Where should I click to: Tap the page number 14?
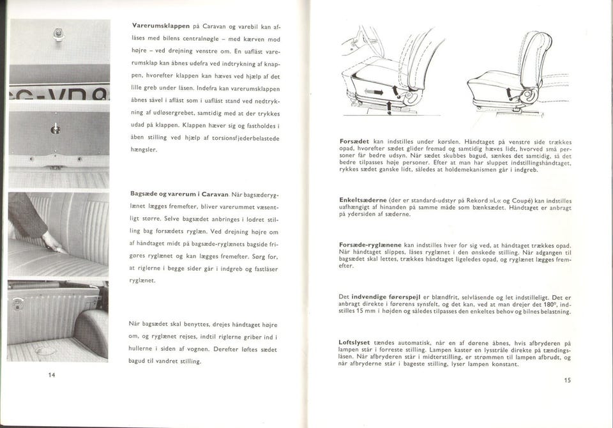pos(52,374)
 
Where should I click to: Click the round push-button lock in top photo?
pos(59,30)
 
